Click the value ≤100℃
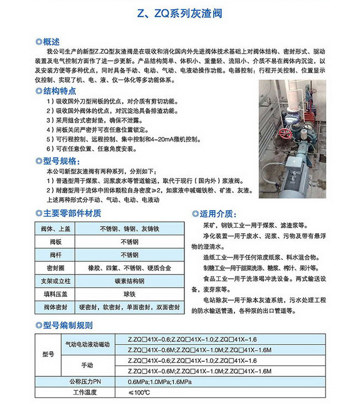(x=139, y=392)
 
